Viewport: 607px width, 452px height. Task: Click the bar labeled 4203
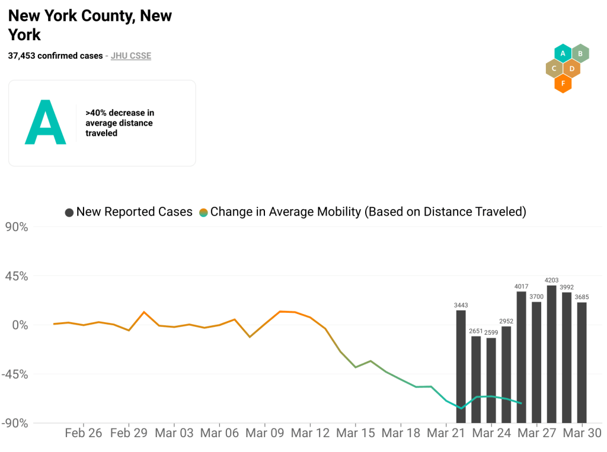coord(551,354)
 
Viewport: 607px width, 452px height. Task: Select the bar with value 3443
coord(461,366)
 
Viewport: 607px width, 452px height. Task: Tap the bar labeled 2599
coord(491,380)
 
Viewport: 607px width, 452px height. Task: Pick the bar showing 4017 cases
coord(521,357)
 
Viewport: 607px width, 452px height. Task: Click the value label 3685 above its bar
coord(582,297)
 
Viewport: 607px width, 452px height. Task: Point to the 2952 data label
coord(506,321)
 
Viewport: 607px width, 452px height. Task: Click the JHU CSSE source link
coord(131,56)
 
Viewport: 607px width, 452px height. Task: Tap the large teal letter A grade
coord(45,123)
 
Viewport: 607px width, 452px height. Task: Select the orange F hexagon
coord(563,84)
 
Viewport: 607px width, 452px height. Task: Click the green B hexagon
coord(580,54)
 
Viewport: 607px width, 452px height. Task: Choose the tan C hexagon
coord(554,69)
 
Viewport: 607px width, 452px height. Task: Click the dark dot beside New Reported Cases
coord(69,212)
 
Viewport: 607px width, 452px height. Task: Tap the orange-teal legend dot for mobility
coord(203,212)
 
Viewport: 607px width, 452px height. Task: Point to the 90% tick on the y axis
coord(16,227)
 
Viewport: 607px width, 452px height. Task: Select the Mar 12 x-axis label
coord(310,433)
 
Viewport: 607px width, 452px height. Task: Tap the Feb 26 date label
coord(83,433)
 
